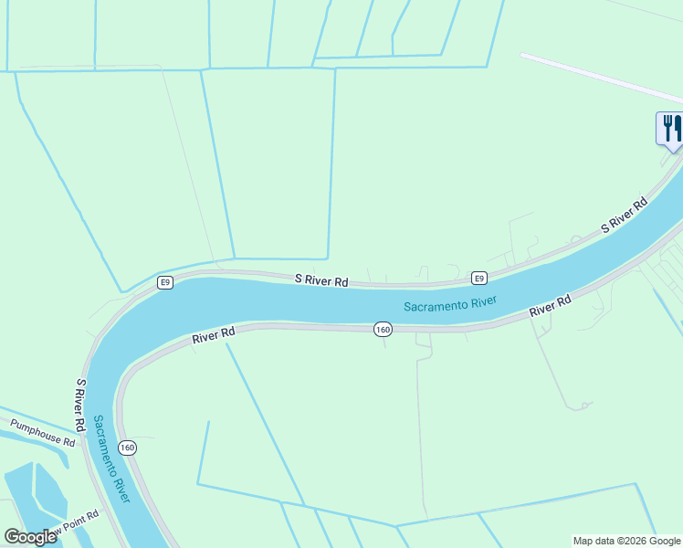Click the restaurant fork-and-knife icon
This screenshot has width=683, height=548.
coord(670,127)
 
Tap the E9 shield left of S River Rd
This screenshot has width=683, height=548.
coord(164,282)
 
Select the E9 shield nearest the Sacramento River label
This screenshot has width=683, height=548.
coord(478,278)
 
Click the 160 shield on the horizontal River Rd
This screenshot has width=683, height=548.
coord(383,329)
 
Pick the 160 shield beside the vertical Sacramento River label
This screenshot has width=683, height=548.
coord(127,448)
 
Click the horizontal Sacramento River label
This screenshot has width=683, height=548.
coord(450,305)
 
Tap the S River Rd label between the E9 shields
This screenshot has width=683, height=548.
coord(321,281)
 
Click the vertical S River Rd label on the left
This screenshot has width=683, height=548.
coord(81,406)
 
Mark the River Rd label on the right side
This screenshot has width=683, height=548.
coord(551,306)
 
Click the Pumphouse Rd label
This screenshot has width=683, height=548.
coord(42,432)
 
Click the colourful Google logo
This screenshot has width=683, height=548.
coord(30,537)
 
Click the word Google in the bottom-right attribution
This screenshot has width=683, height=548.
coord(665,541)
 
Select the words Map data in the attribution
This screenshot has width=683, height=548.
coord(594,541)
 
